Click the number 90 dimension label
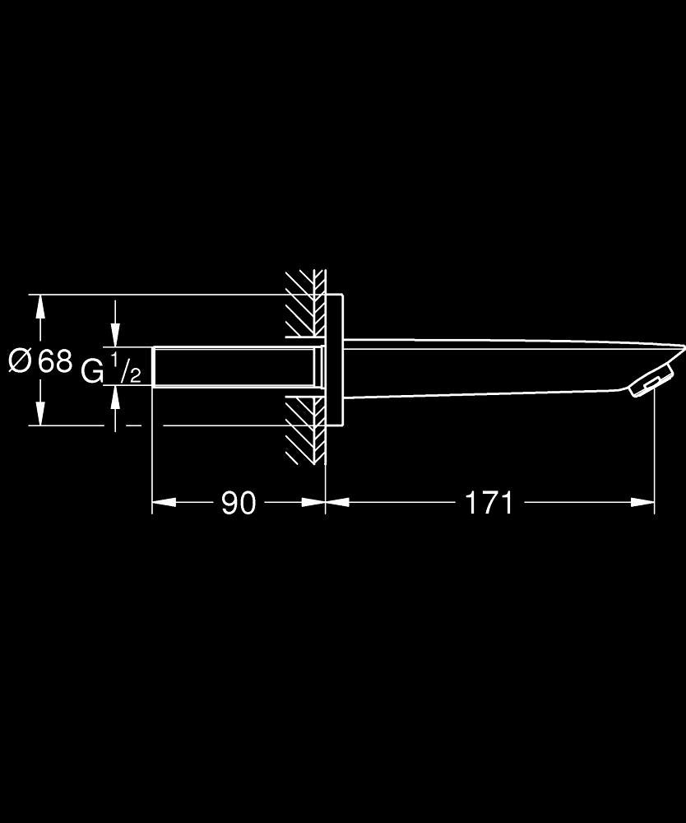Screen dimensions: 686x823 pyautogui.click(x=239, y=503)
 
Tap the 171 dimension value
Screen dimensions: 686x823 pyautogui.click(x=489, y=503)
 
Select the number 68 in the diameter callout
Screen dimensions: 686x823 pyautogui.click(x=55, y=360)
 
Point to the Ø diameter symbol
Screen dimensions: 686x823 pyautogui.click(x=21, y=360)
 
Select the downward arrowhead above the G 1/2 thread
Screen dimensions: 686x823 pyautogui.click(x=115, y=336)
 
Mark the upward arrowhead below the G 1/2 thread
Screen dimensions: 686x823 pyautogui.click(x=115, y=397)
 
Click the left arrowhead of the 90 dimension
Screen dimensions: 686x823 pyautogui.click(x=164, y=502)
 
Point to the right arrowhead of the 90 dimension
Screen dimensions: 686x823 pyautogui.click(x=313, y=502)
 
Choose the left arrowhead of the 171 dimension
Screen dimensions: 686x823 pyautogui.click(x=337, y=502)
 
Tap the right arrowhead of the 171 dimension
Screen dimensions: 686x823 pyautogui.click(x=642, y=502)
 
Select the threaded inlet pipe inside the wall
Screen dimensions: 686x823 pyautogui.click(x=236, y=366)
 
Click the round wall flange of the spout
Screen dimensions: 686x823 pyautogui.click(x=334, y=360)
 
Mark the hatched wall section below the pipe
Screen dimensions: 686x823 pyautogui.click(x=306, y=430)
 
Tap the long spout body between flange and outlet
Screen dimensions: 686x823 pyautogui.click(x=485, y=367)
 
